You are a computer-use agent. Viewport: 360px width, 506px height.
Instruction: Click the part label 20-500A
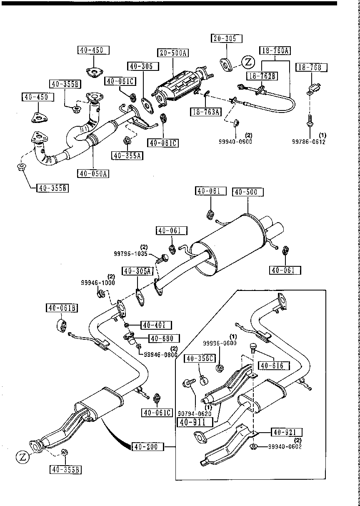pos(173,53)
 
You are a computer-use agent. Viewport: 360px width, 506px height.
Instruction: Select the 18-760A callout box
pos(275,51)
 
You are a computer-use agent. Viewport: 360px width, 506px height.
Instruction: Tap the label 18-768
pos(311,67)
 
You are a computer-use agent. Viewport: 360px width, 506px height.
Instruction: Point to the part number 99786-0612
pos(308,142)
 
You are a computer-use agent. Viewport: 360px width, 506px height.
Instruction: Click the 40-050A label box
pos(92,173)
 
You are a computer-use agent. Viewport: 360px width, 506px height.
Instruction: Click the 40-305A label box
pos(137,271)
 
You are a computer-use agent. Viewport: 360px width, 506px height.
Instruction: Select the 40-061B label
pos(61,308)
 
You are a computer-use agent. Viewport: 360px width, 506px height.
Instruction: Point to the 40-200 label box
pos(147,447)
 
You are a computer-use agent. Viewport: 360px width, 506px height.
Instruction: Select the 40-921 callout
pos(287,432)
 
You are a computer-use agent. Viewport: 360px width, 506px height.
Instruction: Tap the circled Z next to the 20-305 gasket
pos(248,63)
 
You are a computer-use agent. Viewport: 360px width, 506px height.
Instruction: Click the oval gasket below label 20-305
pos(226,65)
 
